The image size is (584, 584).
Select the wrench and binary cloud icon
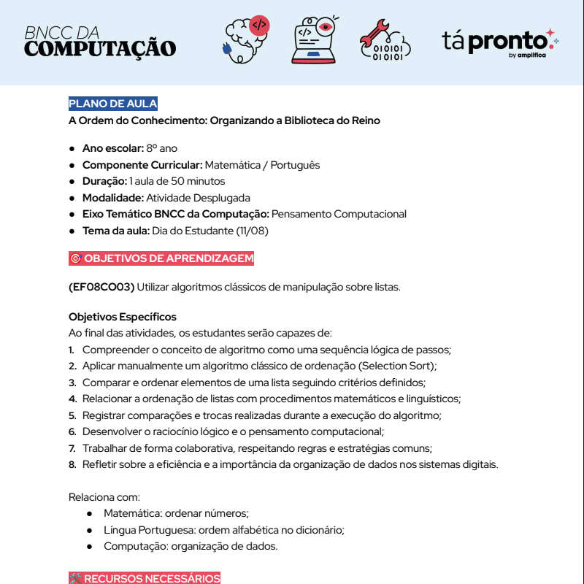coord(384,40)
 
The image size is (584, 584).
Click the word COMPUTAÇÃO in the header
coord(100,49)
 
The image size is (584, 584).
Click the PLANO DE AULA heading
coord(113,104)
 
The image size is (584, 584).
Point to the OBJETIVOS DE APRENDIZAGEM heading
coord(161,258)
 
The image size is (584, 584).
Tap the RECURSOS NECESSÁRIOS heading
coord(145,578)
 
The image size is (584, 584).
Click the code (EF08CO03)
coord(101,287)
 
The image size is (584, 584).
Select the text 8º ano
coord(161,148)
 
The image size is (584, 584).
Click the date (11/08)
coord(253,231)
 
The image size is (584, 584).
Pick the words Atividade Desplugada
coord(198,198)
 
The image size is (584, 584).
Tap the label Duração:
coord(104,181)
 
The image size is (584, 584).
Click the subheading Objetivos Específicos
coord(123,317)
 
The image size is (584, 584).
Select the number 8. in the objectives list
coord(72,464)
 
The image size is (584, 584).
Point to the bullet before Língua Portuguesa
coord(89,530)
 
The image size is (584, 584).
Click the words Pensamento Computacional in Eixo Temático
coord(339,214)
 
